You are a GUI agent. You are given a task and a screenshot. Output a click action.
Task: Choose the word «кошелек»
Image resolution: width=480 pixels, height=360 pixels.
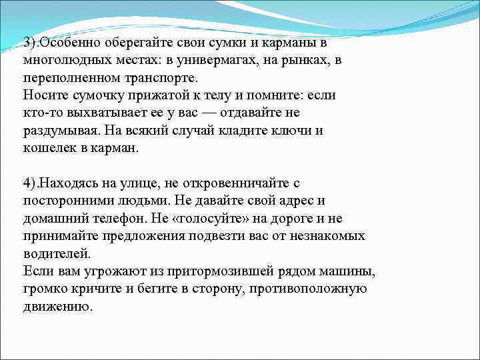[48, 149]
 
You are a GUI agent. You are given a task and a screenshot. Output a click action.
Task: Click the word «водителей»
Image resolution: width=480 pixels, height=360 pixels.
[55, 254]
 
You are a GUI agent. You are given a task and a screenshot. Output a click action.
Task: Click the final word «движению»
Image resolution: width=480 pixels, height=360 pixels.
[56, 307]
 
